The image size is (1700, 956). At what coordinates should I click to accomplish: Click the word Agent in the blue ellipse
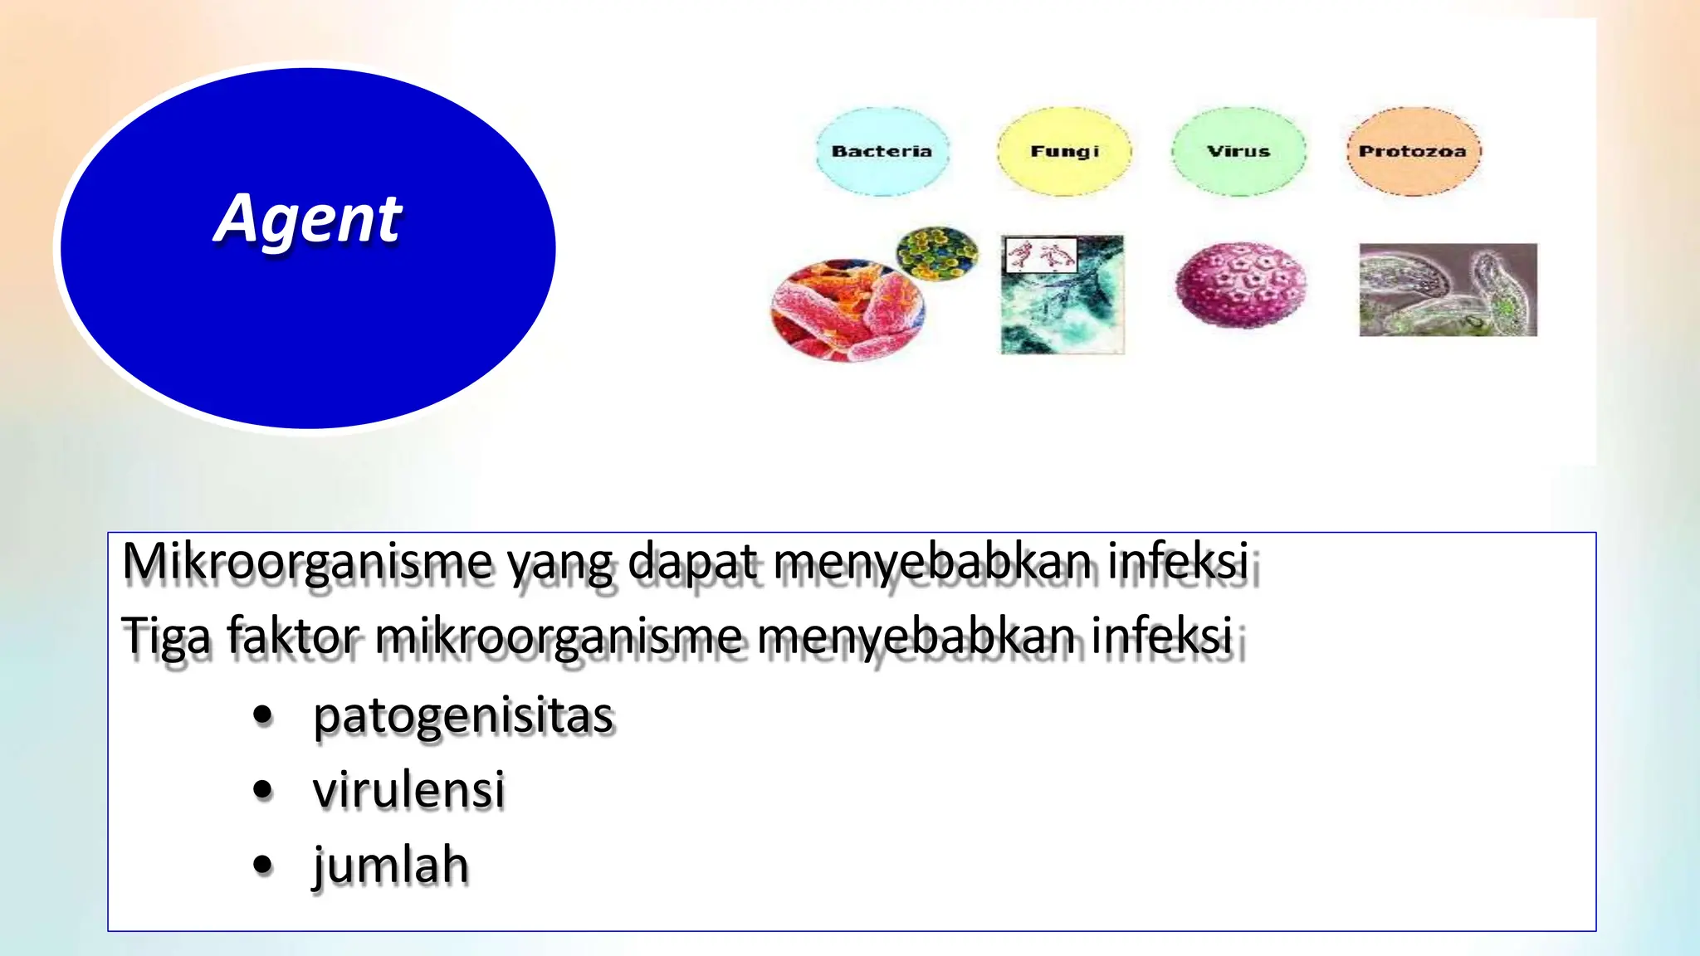[x=308, y=219]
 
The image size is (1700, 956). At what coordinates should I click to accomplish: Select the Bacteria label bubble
[x=882, y=151]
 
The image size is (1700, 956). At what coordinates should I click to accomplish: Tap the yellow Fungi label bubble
[x=1064, y=151]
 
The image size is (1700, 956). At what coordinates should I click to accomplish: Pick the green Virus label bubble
[x=1238, y=151]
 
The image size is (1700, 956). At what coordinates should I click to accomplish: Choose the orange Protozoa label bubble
[x=1413, y=151]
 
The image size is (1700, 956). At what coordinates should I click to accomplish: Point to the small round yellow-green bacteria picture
[x=937, y=253]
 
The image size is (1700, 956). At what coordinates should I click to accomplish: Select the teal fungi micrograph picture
[x=1062, y=307]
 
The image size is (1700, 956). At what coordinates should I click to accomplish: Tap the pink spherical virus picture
[x=1241, y=285]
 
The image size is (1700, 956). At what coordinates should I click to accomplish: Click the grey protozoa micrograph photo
[x=1448, y=290]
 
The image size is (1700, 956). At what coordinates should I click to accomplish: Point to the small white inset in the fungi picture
[x=1041, y=255]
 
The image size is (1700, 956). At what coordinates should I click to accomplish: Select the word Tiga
[x=166, y=637]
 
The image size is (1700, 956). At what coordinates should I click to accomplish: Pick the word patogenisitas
[x=463, y=715]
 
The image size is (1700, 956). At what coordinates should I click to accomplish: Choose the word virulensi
[x=408, y=789]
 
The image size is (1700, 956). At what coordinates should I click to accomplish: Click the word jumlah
[x=390, y=865]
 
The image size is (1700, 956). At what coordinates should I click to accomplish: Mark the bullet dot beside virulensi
[x=263, y=790]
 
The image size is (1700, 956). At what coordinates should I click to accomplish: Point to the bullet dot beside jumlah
[x=263, y=865]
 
